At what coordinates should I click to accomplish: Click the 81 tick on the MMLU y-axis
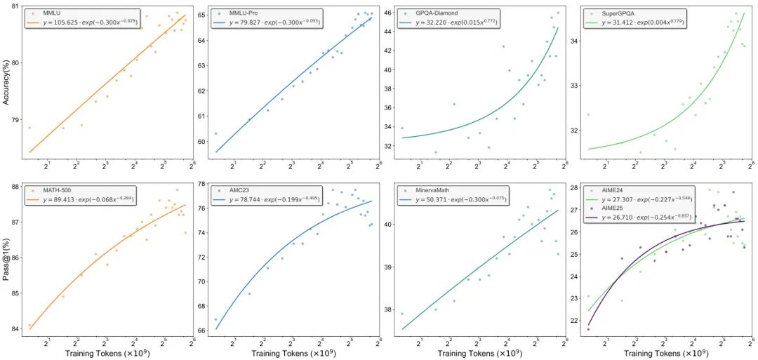tap(14, 7)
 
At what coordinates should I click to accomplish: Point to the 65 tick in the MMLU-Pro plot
tap(201, 15)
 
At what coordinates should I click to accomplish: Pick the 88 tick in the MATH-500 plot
tap(14, 187)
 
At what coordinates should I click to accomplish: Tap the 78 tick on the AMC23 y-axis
tap(201, 184)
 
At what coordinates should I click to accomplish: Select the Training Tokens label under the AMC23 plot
tap(294, 352)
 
